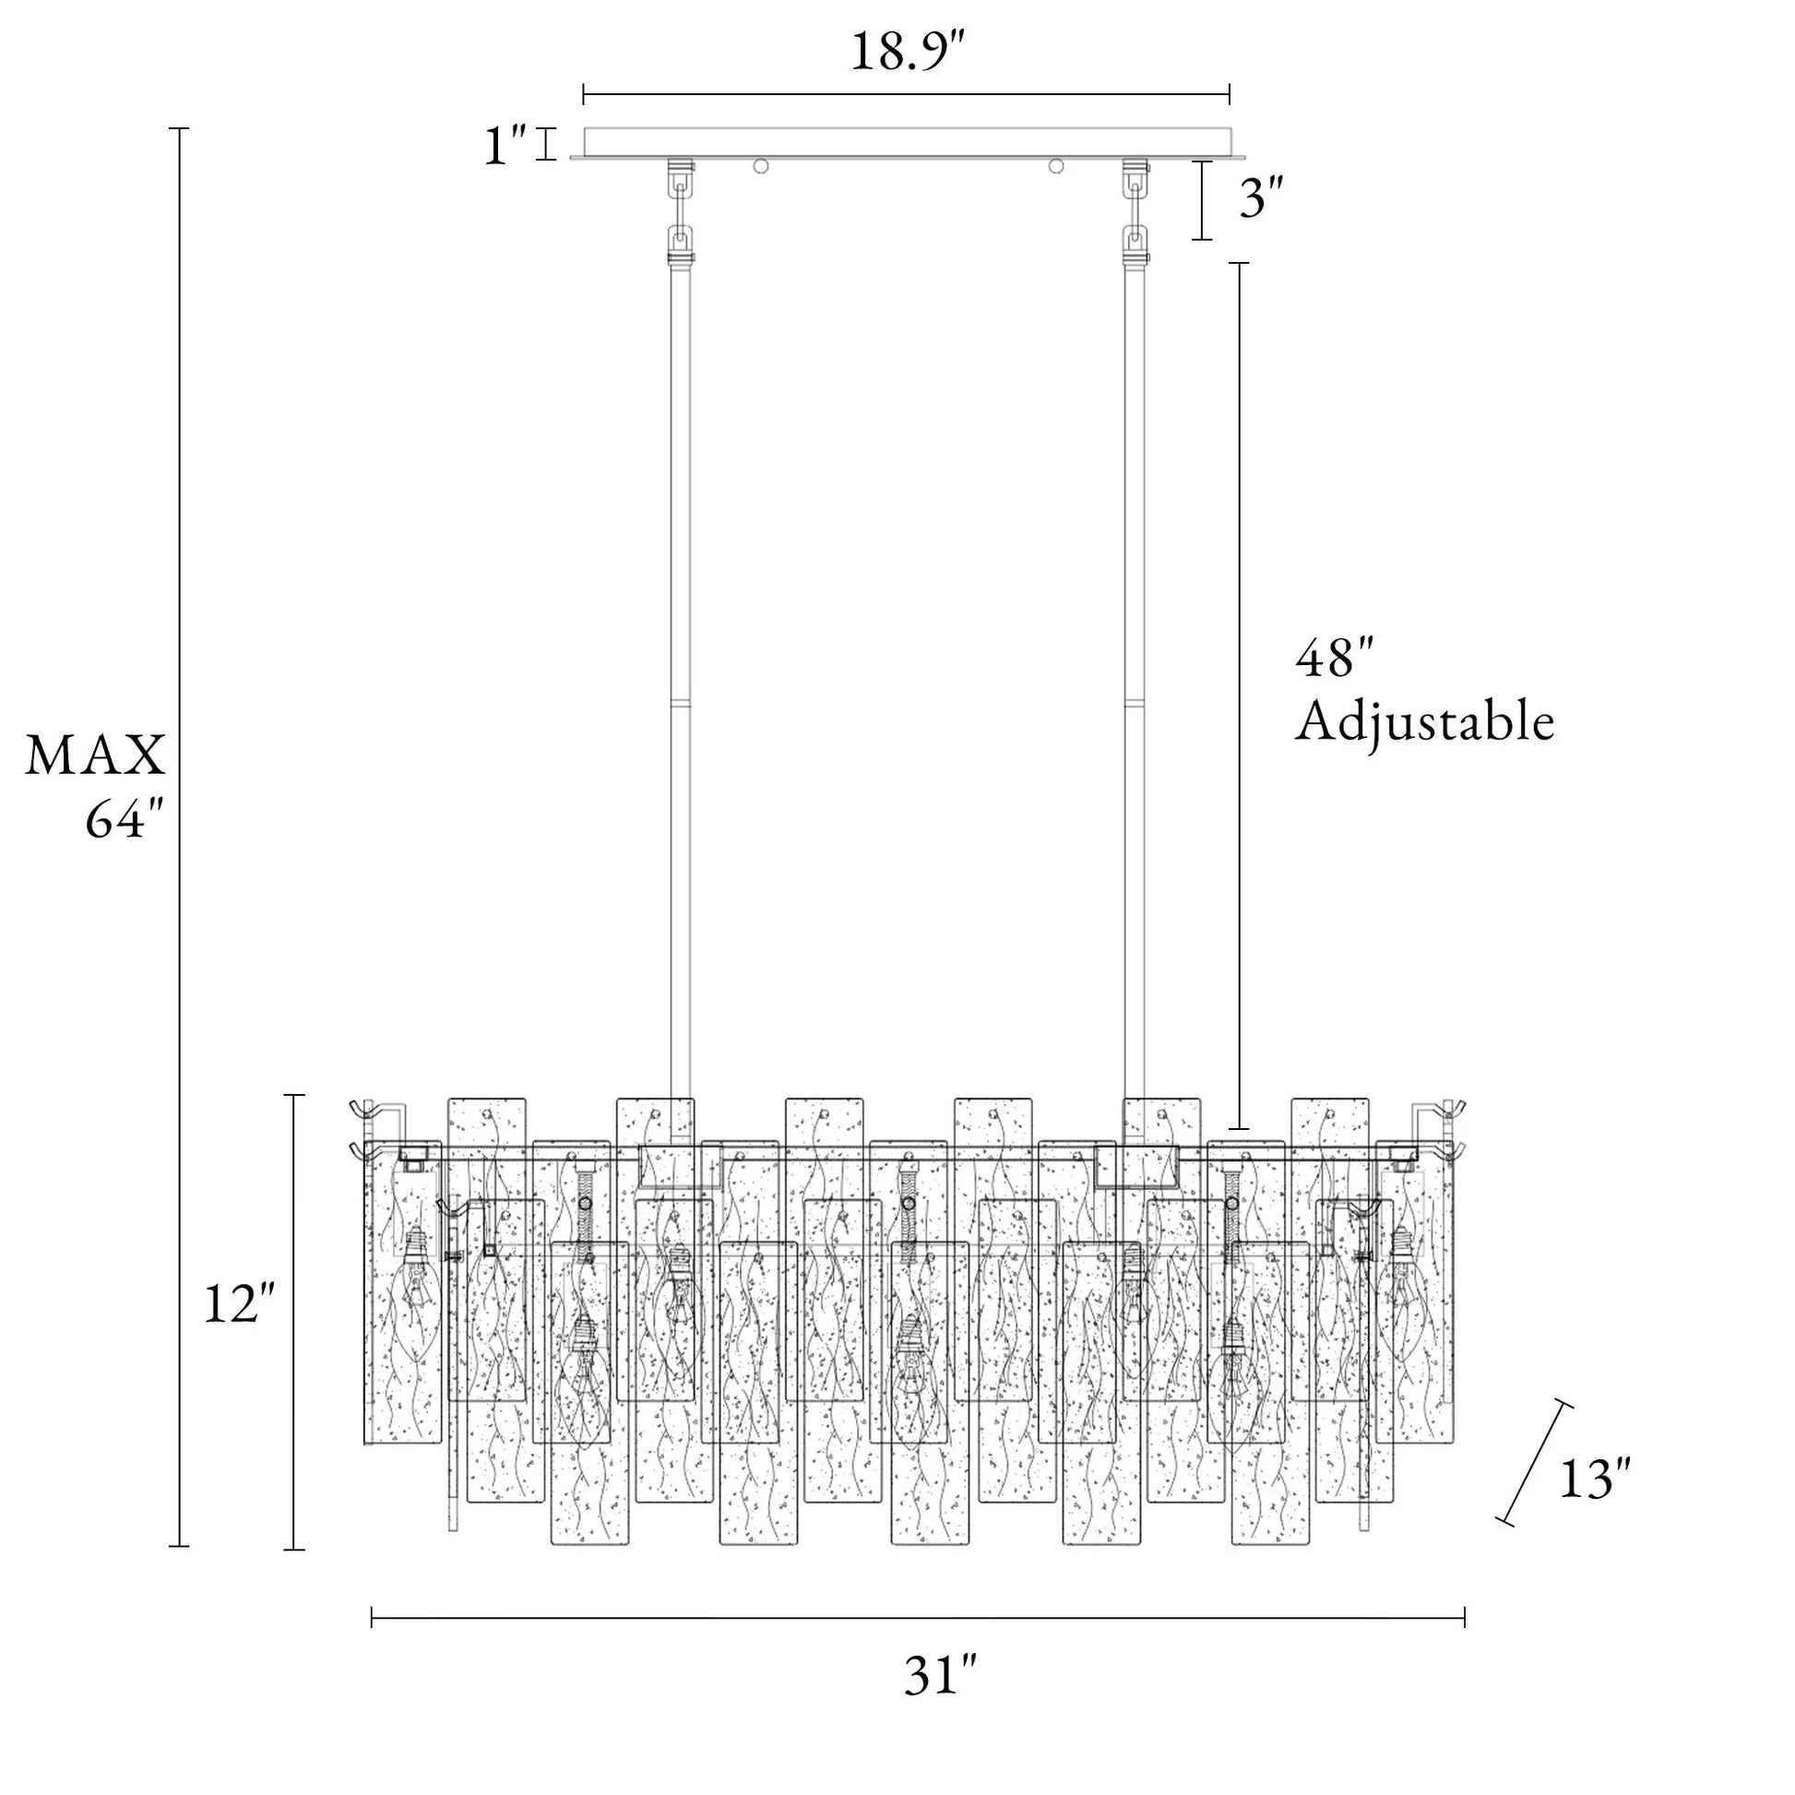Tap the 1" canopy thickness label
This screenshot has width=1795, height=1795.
pos(505,146)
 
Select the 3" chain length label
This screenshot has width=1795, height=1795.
pos(1262,200)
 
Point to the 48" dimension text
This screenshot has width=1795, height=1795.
pos(1334,660)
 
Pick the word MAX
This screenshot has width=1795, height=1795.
pos(95,755)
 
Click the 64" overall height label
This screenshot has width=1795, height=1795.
pos(125,819)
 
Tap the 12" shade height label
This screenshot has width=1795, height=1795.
pos(240,1303)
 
